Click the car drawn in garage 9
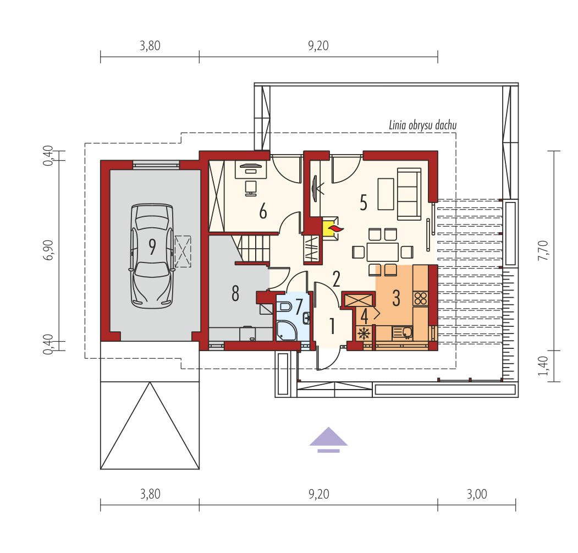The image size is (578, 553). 151,256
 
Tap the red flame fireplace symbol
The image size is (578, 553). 336,229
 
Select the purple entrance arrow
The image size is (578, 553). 328,440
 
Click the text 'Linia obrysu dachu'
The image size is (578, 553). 423,125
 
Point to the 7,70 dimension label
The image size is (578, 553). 543,250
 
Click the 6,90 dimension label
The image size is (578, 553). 48,250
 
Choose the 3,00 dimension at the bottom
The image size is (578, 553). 477,494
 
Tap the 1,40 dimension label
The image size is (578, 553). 543,366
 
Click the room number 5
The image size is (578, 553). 364,202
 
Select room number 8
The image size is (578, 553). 235,294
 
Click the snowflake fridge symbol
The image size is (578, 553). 364,333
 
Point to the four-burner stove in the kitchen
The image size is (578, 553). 421,298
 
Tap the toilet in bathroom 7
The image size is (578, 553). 284,306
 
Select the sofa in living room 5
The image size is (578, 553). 409,194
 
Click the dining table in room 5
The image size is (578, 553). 383,252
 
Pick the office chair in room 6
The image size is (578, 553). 251,188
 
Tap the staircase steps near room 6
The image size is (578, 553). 254,249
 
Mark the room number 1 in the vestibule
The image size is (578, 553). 332,326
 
